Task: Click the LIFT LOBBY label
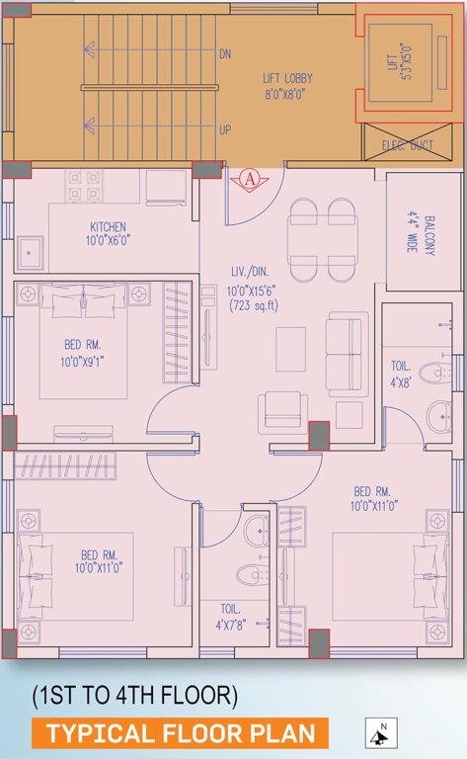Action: click(282, 77)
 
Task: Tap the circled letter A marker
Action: click(250, 179)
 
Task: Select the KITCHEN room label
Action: click(107, 226)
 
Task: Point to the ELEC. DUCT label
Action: click(409, 144)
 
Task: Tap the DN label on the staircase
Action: click(225, 54)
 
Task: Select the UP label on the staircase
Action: click(225, 129)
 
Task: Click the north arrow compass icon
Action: click(378, 734)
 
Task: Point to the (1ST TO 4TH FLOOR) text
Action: click(135, 696)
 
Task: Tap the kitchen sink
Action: click(34, 252)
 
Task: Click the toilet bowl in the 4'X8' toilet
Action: click(436, 375)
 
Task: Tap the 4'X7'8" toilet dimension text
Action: click(235, 625)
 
